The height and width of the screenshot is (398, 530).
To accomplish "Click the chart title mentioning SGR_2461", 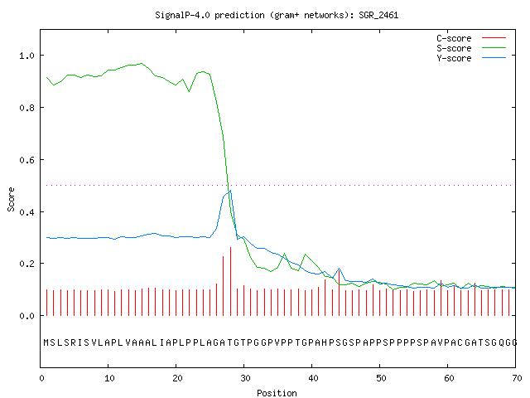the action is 277,15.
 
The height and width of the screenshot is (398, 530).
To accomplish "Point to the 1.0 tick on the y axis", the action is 27,56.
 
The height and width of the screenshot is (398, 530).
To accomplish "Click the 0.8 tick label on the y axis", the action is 27,108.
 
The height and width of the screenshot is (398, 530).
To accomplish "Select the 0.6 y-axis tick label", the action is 27,160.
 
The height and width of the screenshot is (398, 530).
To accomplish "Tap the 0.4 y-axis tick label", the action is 27,212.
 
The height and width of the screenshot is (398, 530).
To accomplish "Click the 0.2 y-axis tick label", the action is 27,264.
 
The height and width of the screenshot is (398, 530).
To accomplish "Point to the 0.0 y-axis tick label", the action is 27,316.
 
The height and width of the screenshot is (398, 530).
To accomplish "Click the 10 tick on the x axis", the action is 109,378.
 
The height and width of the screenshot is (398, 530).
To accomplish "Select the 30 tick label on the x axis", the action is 245,378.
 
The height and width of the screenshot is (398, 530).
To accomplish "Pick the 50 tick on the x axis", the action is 381,378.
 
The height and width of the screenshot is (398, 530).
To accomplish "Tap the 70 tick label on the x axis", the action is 517,378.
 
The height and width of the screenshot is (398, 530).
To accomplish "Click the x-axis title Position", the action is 277,393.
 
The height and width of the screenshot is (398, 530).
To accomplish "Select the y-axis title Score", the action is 11,199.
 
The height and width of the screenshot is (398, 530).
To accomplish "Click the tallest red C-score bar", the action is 230,282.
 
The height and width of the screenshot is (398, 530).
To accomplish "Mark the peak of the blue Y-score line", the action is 230,191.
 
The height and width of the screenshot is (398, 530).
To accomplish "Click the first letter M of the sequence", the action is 46,342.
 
